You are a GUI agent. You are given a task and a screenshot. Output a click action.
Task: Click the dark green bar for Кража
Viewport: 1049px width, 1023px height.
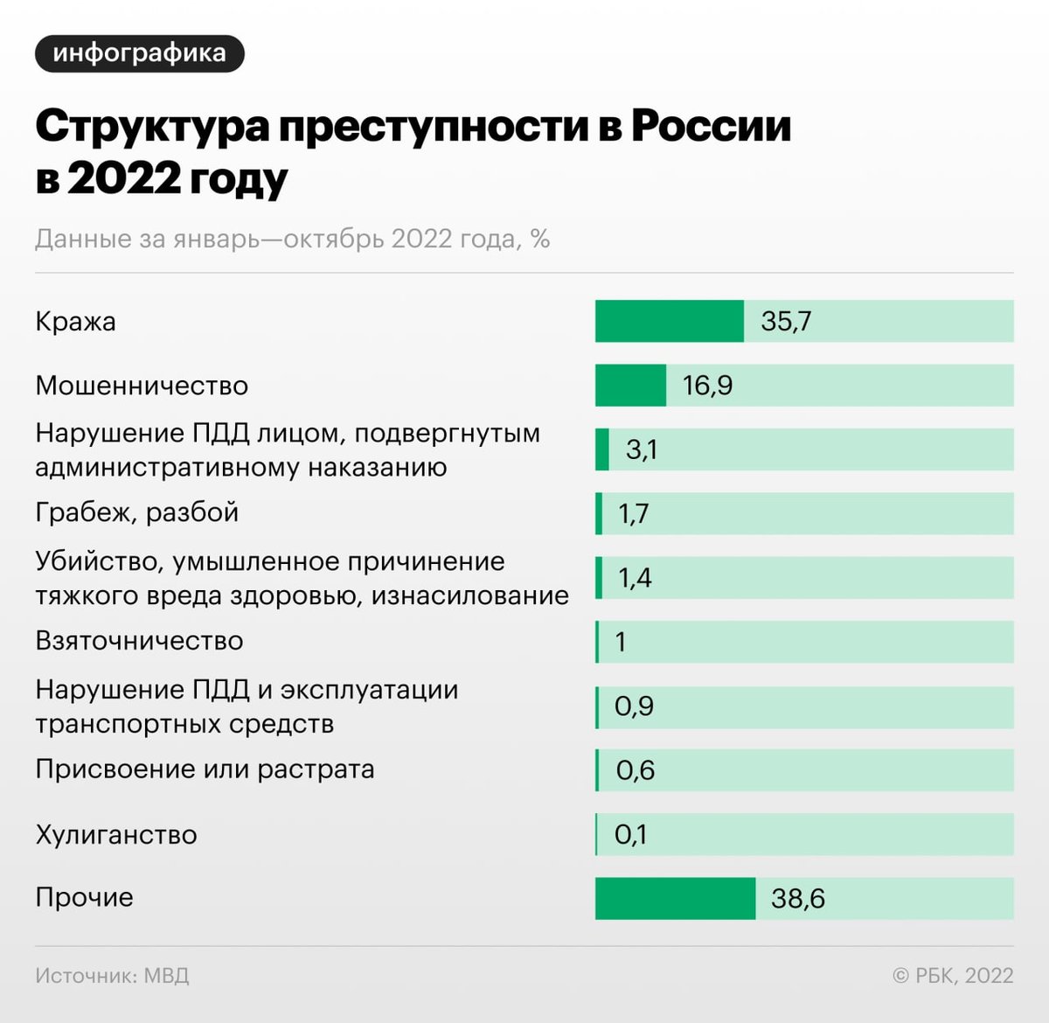[x=669, y=321]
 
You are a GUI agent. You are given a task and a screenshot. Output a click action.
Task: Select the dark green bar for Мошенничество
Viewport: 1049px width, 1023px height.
[x=630, y=386]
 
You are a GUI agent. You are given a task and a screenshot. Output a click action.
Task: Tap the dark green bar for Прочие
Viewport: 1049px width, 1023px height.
[x=675, y=898]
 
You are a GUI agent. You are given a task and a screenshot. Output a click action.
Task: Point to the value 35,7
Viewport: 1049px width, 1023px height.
[x=786, y=321]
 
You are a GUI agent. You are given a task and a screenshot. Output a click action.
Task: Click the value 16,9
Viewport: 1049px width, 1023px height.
[x=707, y=386]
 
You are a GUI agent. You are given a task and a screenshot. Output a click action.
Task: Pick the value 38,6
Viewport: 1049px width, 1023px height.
[x=797, y=898]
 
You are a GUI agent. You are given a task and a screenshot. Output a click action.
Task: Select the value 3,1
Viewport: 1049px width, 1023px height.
[x=642, y=449]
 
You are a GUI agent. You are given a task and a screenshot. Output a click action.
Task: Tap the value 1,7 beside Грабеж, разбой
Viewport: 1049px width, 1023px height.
[x=633, y=513]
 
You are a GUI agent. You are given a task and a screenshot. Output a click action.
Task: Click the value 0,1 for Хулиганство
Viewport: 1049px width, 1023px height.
[x=630, y=834]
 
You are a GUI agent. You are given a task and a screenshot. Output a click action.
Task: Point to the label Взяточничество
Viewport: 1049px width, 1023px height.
[x=139, y=641]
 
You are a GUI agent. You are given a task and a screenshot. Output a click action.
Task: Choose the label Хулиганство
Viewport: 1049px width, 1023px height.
[x=116, y=835]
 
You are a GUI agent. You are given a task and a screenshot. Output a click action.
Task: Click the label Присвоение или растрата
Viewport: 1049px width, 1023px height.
[x=205, y=769]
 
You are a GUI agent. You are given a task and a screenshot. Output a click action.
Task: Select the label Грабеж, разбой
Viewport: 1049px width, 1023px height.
[x=136, y=512]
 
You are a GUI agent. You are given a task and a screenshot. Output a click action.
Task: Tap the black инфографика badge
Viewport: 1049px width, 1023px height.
[x=139, y=53]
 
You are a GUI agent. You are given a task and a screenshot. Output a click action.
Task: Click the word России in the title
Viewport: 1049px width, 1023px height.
[x=711, y=126]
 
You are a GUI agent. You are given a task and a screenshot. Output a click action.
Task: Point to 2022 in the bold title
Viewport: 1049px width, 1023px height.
[x=123, y=178]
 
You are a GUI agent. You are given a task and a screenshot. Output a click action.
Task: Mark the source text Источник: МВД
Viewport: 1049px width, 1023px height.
[x=112, y=976]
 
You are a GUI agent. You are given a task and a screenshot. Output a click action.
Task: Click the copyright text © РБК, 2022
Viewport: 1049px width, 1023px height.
[x=953, y=976]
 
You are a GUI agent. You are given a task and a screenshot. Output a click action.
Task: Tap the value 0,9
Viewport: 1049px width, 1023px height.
[x=634, y=706]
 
